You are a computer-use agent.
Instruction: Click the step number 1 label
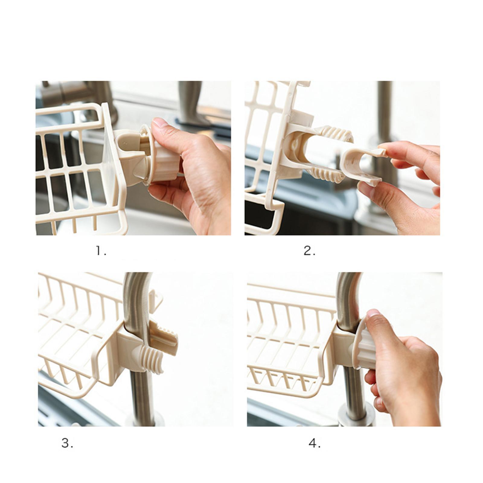(x=101, y=251)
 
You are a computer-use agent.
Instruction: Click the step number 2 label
(x=309, y=251)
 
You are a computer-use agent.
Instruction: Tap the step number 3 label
(x=67, y=443)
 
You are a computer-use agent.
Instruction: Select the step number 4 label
(x=314, y=443)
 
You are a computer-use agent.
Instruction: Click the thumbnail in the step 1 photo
(x=160, y=123)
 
